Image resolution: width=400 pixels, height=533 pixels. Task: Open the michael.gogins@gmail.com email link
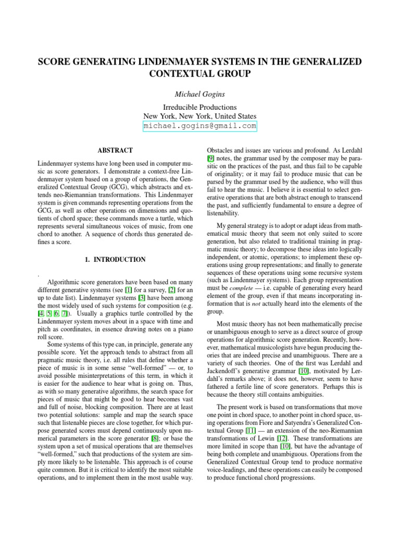[200, 126]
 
